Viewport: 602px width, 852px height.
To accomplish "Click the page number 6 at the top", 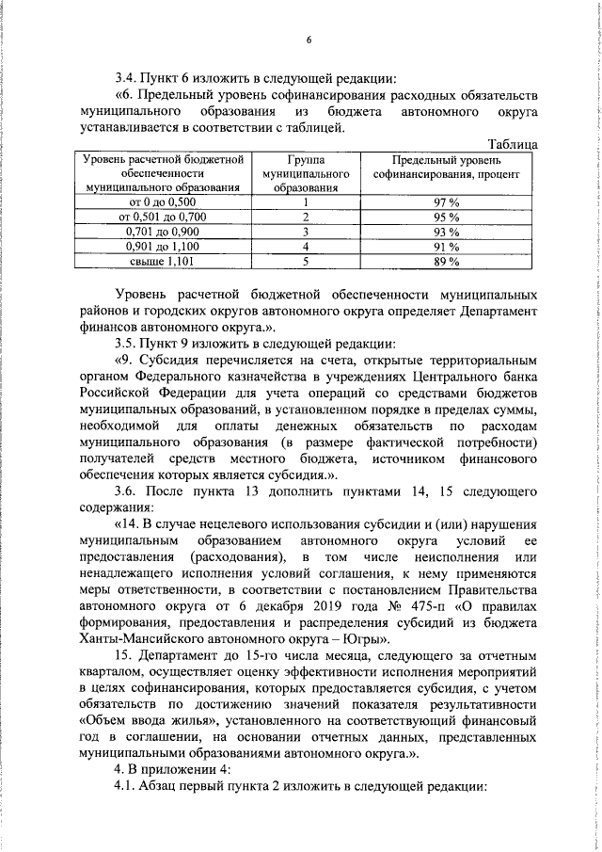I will [x=308, y=39].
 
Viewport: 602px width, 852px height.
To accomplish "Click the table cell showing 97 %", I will [x=446, y=202].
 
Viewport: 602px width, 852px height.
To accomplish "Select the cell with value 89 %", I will [x=446, y=261].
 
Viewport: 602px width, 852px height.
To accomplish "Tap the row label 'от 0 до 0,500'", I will [x=163, y=202].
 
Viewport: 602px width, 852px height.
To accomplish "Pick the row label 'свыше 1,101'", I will [x=163, y=261].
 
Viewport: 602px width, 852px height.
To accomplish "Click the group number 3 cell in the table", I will [x=306, y=232].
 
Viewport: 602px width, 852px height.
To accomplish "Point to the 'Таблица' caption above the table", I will [x=513, y=144].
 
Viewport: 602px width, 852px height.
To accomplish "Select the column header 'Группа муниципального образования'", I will [x=306, y=173].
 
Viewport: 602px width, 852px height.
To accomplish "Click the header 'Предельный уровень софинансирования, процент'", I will [x=446, y=168].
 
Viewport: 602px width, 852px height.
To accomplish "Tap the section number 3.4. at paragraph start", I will [x=126, y=77].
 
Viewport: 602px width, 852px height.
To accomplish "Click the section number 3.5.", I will [x=126, y=341].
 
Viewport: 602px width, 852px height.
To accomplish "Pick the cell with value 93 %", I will [x=446, y=232].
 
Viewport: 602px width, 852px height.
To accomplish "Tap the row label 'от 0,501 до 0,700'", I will [x=163, y=217].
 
